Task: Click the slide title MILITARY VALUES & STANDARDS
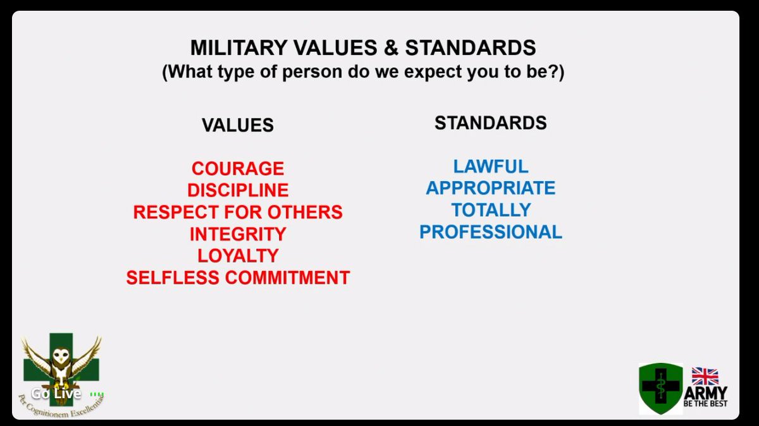(x=363, y=48)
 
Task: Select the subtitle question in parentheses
(x=363, y=71)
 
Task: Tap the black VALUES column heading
(x=238, y=125)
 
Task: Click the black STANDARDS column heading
(x=490, y=123)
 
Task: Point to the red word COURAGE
(x=238, y=169)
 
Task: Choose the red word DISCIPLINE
(x=238, y=190)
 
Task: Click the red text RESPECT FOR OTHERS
(x=238, y=212)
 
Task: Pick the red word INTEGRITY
(x=238, y=234)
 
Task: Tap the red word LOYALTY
(x=238, y=255)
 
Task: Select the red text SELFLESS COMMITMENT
(x=238, y=277)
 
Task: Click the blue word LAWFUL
(x=490, y=166)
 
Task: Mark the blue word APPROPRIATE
(x=490, y=188)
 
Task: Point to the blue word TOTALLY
(x=490, y=210)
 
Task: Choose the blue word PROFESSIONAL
(x=490, y=232)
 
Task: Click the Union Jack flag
(x=705, y=376)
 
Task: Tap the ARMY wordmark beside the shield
(x=705, y=393)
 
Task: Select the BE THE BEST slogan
(x=705, y=404)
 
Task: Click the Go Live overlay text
(x=56, y=394)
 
